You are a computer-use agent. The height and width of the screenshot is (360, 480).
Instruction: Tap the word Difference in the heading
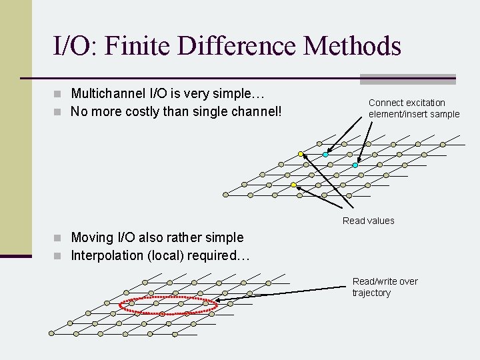230,46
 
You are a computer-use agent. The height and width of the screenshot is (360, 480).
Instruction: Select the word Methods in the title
352,46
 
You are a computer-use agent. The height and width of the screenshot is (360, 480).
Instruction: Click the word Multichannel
108,93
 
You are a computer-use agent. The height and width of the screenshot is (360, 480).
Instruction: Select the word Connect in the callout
385,103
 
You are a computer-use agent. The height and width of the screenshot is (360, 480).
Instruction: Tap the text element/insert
399,114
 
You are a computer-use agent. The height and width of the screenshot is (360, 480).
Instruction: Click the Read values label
368,221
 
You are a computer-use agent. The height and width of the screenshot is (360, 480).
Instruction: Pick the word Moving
92,237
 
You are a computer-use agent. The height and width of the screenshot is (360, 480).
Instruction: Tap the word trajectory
371,293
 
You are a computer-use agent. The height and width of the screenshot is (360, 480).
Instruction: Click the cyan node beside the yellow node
325,155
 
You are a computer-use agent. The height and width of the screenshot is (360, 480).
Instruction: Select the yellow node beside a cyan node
301,155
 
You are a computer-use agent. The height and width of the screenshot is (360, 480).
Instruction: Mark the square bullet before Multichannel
62,94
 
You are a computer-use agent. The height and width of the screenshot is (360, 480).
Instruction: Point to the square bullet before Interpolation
62,256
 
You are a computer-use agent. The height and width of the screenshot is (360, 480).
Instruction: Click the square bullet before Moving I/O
62,238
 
